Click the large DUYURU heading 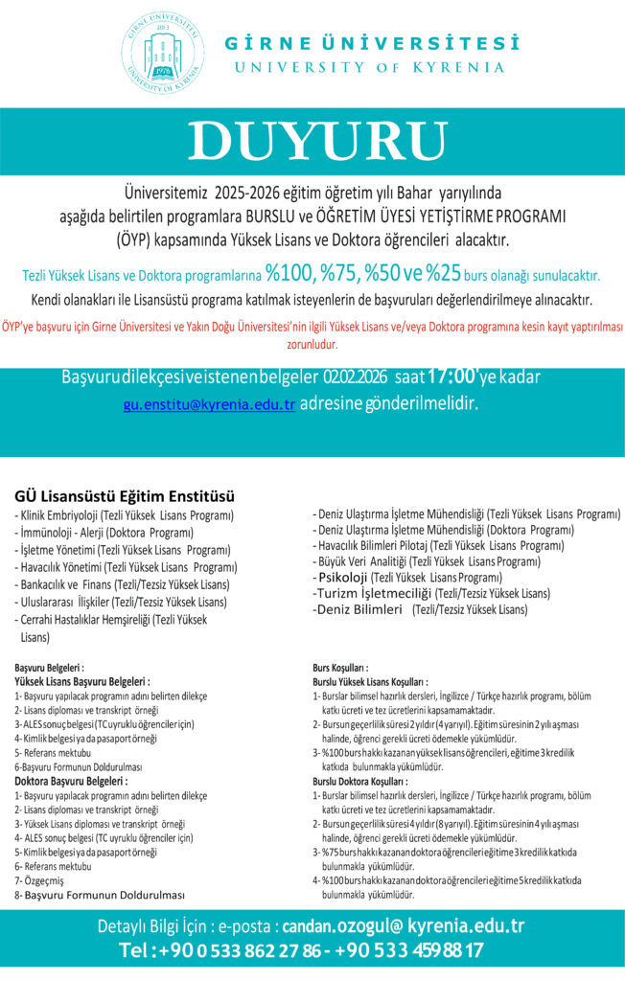point(312,141)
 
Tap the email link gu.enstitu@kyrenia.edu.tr point(209,404)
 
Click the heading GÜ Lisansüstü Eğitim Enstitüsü point(125,496)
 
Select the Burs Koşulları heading point(341,668)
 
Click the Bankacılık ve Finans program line point(121,584)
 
